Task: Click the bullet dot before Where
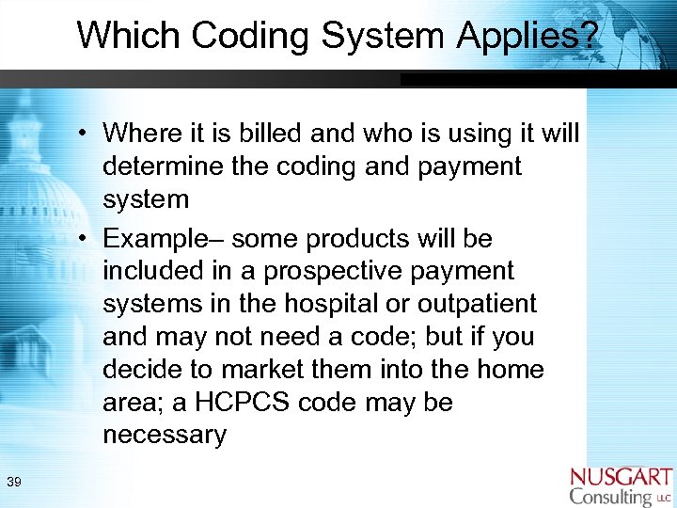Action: tap(85, 134)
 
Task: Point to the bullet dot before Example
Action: tap(85, 239)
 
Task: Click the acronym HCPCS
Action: tap(239, 403)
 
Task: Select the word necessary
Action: tap(165, 436)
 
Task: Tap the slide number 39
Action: tap(14, 483)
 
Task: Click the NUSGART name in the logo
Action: tap(621, 476)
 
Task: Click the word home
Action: tap(510, 370)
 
